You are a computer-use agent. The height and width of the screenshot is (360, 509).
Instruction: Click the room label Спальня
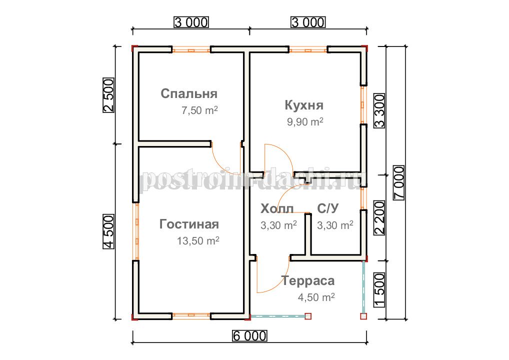(189, 93)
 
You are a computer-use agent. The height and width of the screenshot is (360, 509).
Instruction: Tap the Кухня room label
(304, 105)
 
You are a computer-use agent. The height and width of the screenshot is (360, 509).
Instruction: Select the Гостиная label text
(189, 224)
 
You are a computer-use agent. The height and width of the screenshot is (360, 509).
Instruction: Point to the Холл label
(277, 208)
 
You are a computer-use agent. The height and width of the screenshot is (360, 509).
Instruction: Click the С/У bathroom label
(328, 208)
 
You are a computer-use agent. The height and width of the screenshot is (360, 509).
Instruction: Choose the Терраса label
(307, 281)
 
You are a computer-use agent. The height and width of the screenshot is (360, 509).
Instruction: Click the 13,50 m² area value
(198, 240)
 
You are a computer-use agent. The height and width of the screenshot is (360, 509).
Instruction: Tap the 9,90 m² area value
(305, 121)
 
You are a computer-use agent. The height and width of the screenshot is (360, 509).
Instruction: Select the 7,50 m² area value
(199, 110)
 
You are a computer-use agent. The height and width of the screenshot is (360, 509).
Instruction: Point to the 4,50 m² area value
(316, 297)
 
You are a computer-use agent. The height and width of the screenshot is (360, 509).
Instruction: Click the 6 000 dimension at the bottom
(249, 336)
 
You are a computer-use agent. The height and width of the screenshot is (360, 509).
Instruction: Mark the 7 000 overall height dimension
(399, 183)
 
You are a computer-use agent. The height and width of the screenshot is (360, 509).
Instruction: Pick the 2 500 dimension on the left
(108, 95)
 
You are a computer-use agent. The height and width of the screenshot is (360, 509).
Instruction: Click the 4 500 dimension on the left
(108, 231)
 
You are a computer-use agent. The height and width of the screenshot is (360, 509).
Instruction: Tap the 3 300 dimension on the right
(379, 110)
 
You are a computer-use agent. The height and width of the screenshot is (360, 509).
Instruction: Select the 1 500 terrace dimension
(379, 290)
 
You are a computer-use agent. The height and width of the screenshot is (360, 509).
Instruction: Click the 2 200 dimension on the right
(379, 217)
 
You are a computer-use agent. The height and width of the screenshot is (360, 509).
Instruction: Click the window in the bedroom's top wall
(191, 50)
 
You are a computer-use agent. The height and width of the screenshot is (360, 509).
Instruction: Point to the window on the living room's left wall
(136, 231)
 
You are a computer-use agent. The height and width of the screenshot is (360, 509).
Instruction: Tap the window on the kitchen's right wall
(363, 104)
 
